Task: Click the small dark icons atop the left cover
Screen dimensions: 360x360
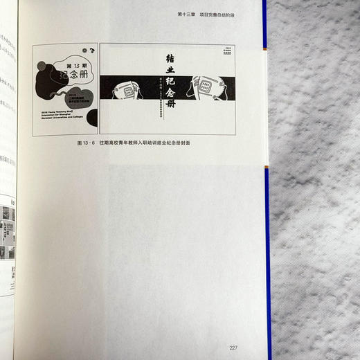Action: (87, 51)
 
